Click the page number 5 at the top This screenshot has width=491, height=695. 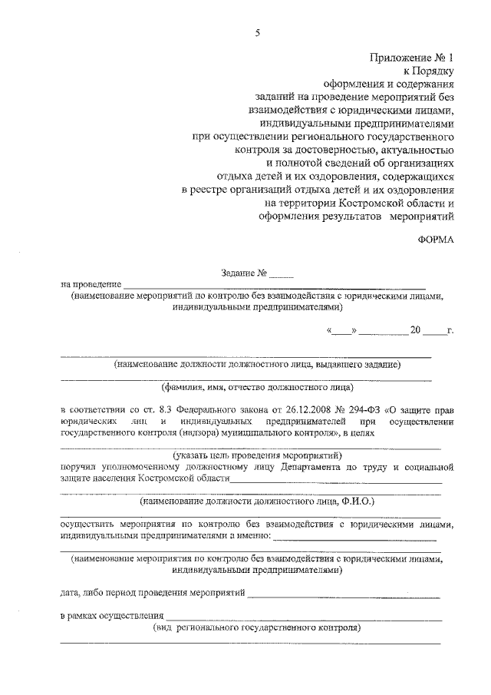258,32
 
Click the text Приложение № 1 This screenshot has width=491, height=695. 412,57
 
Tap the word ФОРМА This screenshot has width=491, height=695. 436,239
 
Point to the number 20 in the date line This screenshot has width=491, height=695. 415,330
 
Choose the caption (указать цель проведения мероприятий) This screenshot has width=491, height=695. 251,455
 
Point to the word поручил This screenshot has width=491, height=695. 80,466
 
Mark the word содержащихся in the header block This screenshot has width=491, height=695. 415,176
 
